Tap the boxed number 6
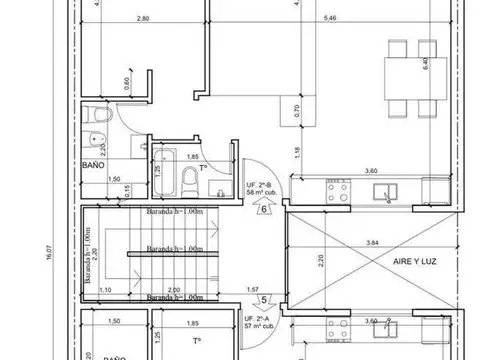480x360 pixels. pyautogui.click(x=263, y=209)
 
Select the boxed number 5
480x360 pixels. pyautogui.click(x=263, y=298)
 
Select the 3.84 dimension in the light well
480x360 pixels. pyautogui.click(x=373, y=242)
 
